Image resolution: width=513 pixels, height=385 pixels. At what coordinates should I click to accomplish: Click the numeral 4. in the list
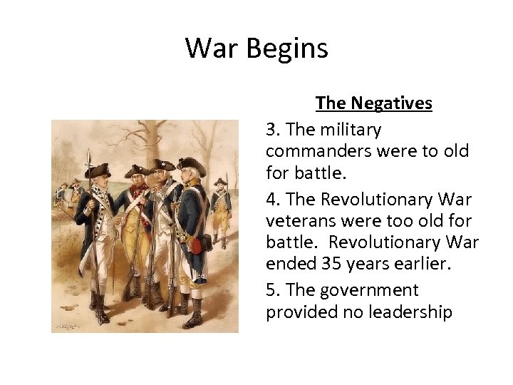274,200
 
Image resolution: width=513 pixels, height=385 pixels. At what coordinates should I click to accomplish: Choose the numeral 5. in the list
274,290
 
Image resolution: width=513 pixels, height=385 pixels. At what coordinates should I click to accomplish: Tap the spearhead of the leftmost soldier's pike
88,155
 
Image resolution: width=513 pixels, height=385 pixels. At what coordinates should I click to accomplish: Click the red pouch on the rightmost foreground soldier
194,245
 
